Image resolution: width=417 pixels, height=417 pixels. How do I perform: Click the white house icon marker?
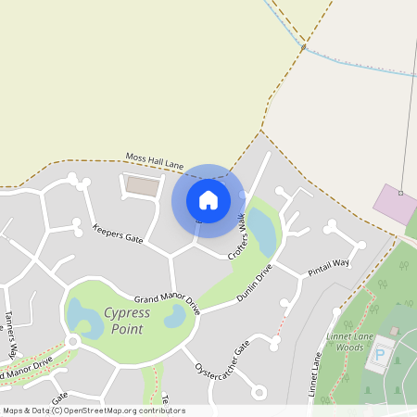(208, 199)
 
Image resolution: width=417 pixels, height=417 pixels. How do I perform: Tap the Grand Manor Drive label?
(167, 299)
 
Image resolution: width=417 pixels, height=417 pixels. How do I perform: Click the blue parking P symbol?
(379, 356)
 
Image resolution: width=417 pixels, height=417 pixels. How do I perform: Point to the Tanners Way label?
(12, 334)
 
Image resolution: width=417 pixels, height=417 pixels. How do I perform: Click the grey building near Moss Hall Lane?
(142, 186)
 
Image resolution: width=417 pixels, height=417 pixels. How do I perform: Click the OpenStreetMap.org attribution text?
(120, 411)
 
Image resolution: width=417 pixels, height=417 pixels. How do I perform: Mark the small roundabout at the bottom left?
(72, 342)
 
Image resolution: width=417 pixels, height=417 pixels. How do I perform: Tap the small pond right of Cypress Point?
(174, 317)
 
